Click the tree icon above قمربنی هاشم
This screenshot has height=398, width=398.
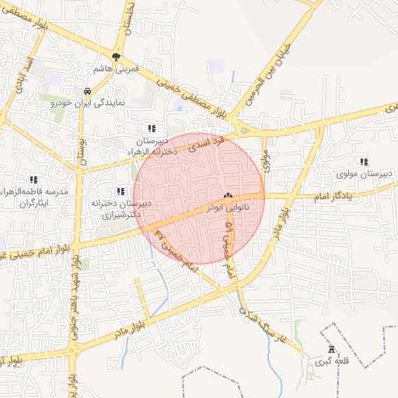coord(116,57)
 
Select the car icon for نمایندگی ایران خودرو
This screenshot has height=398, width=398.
coord(86,91)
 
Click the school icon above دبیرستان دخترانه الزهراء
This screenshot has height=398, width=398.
coord(151,128)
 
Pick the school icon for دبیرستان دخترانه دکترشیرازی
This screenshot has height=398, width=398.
coord(120,190)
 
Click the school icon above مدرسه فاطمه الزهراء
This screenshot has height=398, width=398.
coord(33,180)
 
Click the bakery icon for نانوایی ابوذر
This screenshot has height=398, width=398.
coord(228,196)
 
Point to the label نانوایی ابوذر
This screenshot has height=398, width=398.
coord(229,208)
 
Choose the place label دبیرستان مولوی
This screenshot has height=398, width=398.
coord(366,173)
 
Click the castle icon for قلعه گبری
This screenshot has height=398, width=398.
coord(333,349)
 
